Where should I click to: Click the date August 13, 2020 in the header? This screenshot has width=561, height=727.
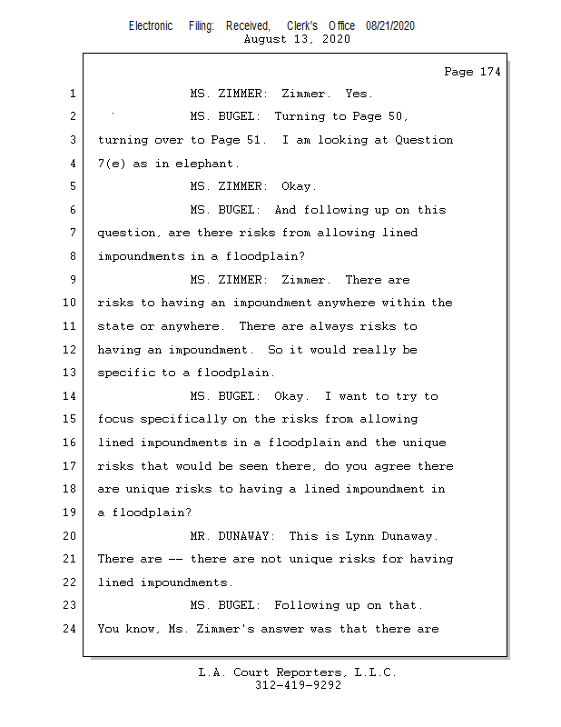click(298, 39)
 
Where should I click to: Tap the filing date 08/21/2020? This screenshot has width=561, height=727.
click(390, 26)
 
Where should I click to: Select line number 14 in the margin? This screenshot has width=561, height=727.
click(70, 396)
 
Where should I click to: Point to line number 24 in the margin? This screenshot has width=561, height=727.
click(70, 628)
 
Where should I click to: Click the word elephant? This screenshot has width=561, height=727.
click(208, 164)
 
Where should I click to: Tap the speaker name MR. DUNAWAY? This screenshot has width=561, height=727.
click(225, 535)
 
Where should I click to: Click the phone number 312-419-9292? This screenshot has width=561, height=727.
click(298, 685)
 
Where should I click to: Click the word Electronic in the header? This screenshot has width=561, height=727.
click(151, 26)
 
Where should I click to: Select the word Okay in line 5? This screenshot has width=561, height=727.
click(298, 186)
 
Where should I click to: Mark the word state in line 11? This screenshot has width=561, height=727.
click(115, 326)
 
